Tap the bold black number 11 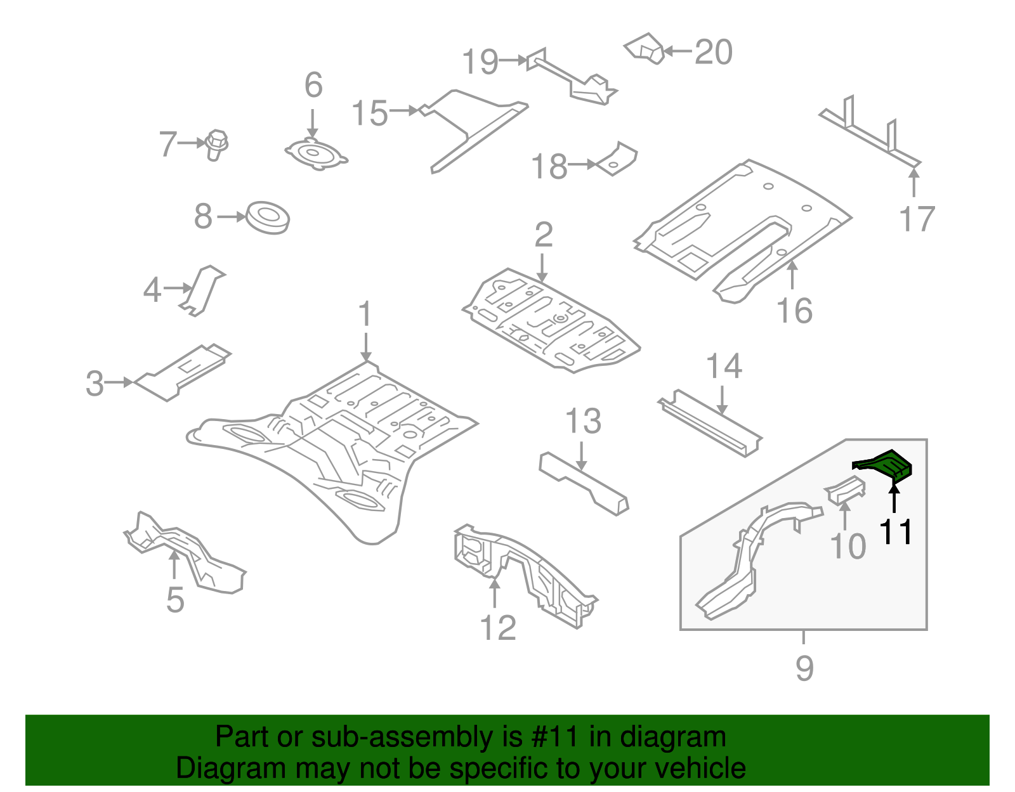896,531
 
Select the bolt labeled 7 216,145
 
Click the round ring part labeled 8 268,217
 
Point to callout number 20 714,52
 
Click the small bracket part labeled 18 617,160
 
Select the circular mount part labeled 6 315,153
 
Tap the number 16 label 794,311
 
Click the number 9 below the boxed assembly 804,668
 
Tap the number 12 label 498,628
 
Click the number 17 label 917,219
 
